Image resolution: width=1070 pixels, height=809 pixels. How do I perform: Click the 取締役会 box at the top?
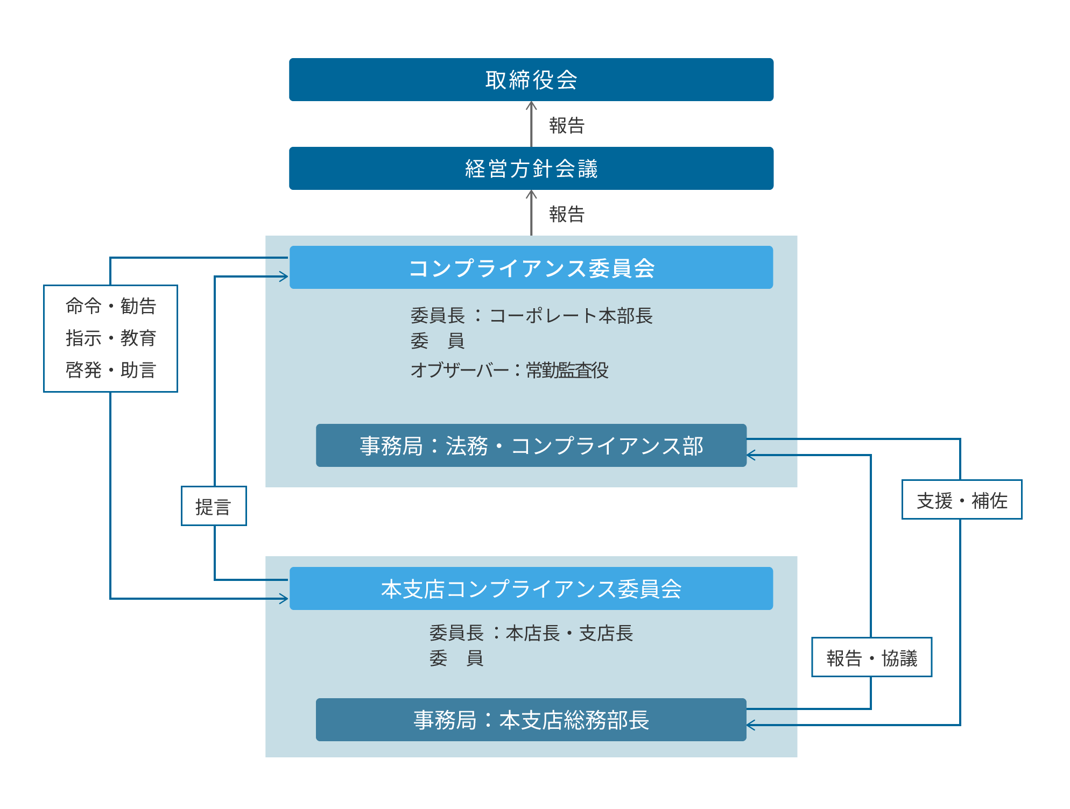pos(531,80)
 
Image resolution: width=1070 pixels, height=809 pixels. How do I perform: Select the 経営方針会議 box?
pos(531,168)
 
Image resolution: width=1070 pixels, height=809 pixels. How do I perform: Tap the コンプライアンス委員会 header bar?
pos(531,267)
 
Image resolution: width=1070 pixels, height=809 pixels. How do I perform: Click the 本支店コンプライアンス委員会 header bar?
pos(531,588)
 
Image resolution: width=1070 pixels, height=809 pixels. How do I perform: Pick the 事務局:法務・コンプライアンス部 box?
pos(531,445)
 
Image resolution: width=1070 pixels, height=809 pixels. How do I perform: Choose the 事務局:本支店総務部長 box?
pos(531,720)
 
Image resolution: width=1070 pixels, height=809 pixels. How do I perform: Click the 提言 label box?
pos(214,506)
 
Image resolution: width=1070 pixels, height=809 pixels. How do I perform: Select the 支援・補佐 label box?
pos(961,500)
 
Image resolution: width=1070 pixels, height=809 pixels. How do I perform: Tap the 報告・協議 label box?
pos(871,657)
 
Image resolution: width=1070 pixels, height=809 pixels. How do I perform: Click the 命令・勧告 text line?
pos(110,306)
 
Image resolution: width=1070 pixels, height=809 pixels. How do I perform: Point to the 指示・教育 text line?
pos(110,338)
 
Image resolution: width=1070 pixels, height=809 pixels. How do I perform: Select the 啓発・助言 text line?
pos(110,370)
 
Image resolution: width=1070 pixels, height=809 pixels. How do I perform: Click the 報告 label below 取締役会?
pos(566,125)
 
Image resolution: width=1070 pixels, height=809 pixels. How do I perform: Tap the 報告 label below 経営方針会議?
pos(566,214)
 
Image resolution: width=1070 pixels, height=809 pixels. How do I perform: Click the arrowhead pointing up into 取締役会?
pos(531,105)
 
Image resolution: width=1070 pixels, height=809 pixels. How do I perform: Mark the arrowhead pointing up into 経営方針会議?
pos(531,194)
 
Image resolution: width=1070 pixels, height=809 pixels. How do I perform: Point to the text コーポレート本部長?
pos(571,315)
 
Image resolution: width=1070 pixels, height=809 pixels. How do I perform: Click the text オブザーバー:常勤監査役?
pos(509,370)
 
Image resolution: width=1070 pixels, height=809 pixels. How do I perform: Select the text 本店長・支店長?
pos(569,633)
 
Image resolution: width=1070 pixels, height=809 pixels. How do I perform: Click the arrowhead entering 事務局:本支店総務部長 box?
pos(751,725)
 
